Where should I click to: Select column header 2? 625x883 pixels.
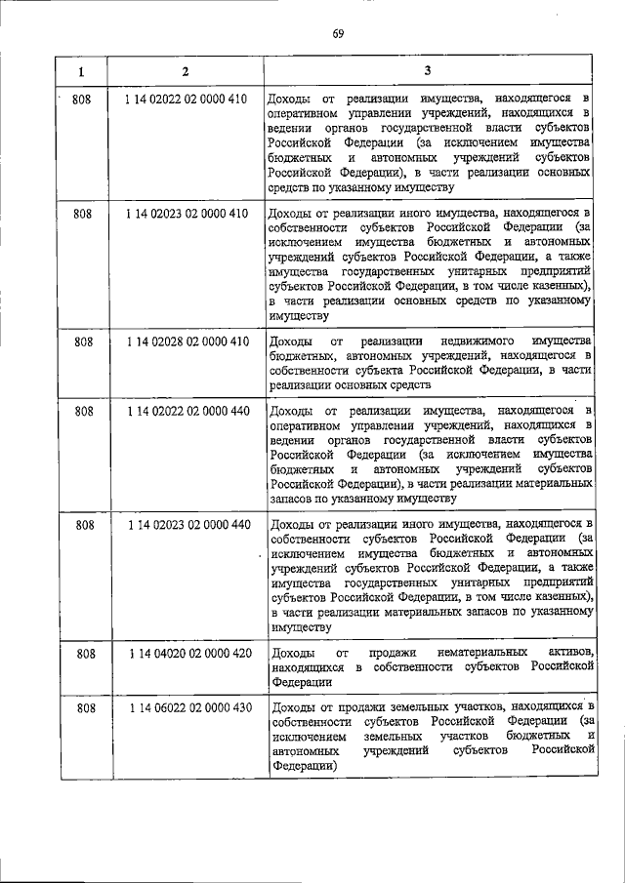click(x=186, y=72)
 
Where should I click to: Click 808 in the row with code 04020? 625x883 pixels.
click(x=85, y=651)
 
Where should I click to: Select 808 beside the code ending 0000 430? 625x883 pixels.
click(x=85, y=707)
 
